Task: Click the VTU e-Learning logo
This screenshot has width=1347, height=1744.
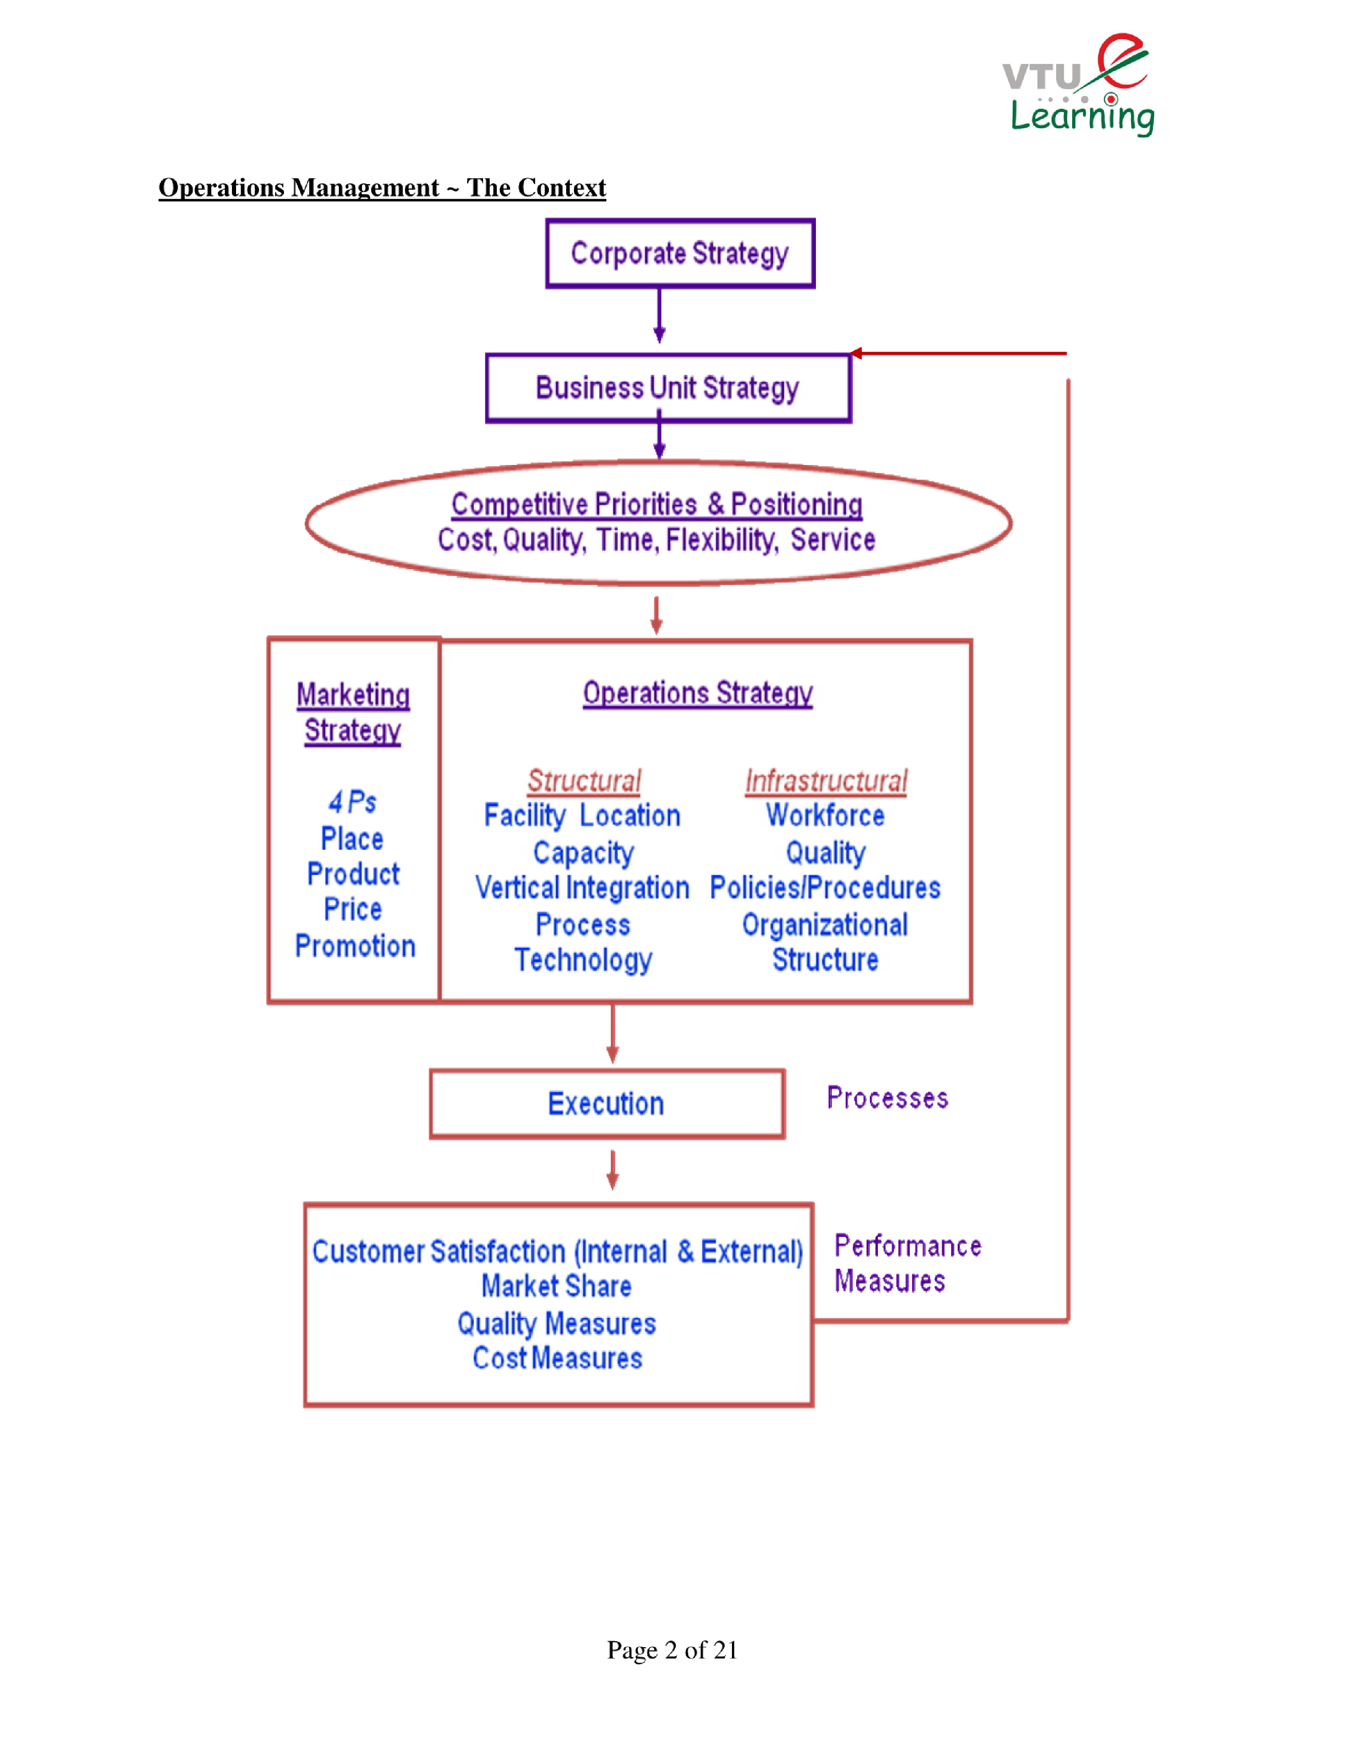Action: (1078, 85)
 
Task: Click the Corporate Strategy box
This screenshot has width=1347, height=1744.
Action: (679, 253)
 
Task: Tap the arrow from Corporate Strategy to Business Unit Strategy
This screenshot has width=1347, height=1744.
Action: (659, 316)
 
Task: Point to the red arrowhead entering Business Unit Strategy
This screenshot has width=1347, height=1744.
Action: (857, 353)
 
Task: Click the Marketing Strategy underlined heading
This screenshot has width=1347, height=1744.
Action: (353, 712)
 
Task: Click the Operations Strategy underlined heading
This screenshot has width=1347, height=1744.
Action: (697, 693)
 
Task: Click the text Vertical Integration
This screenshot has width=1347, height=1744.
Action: (582, 888)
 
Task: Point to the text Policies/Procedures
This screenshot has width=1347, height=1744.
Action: (825, 888)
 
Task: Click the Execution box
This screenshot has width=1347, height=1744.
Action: (606, 1104)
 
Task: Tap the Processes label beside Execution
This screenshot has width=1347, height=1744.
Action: (887, 1098)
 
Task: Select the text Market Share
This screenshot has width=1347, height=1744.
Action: (557, 1286)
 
